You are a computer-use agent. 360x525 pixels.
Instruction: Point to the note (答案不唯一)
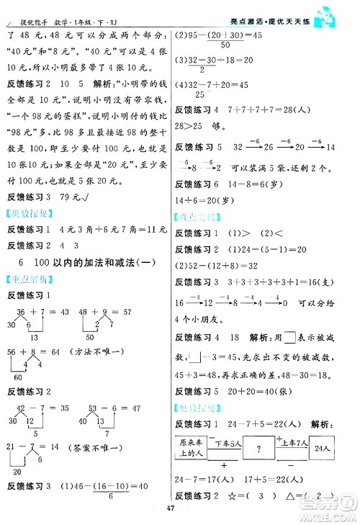[x=99, y=447]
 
